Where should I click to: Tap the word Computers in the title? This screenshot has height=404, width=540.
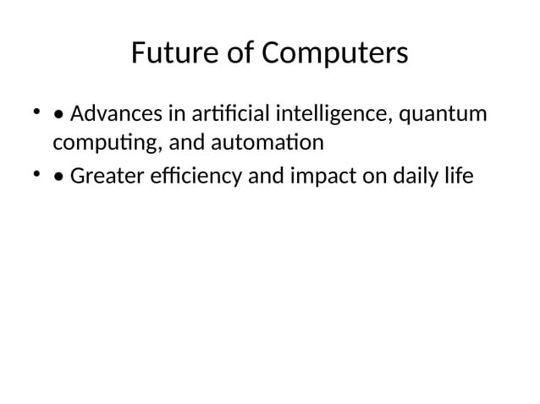[334, 53]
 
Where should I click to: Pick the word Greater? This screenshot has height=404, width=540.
[107, 177]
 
